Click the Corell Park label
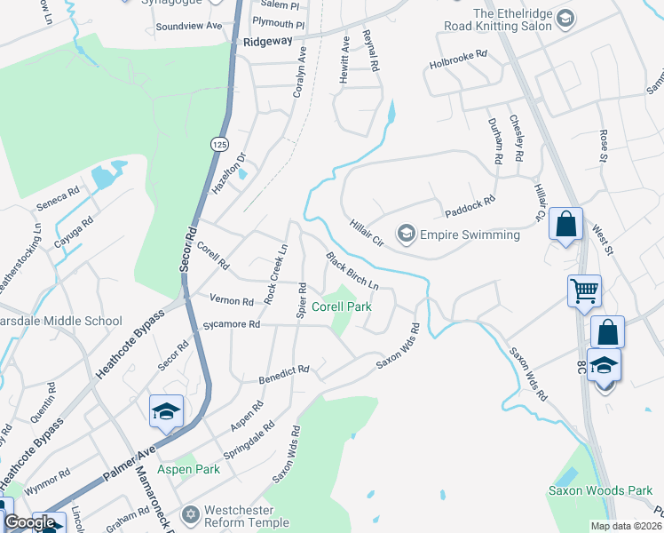tap(341, 306)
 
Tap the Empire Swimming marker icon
tap(407, 234)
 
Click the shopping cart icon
tap(584, 290)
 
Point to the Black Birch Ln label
tap(352, 273)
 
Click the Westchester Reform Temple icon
tap(190, 514)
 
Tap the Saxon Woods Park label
tap(600, 490)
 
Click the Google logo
tap(29, 522)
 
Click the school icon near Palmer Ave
tap(167, 411)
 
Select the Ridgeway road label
tap(267, 42)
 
